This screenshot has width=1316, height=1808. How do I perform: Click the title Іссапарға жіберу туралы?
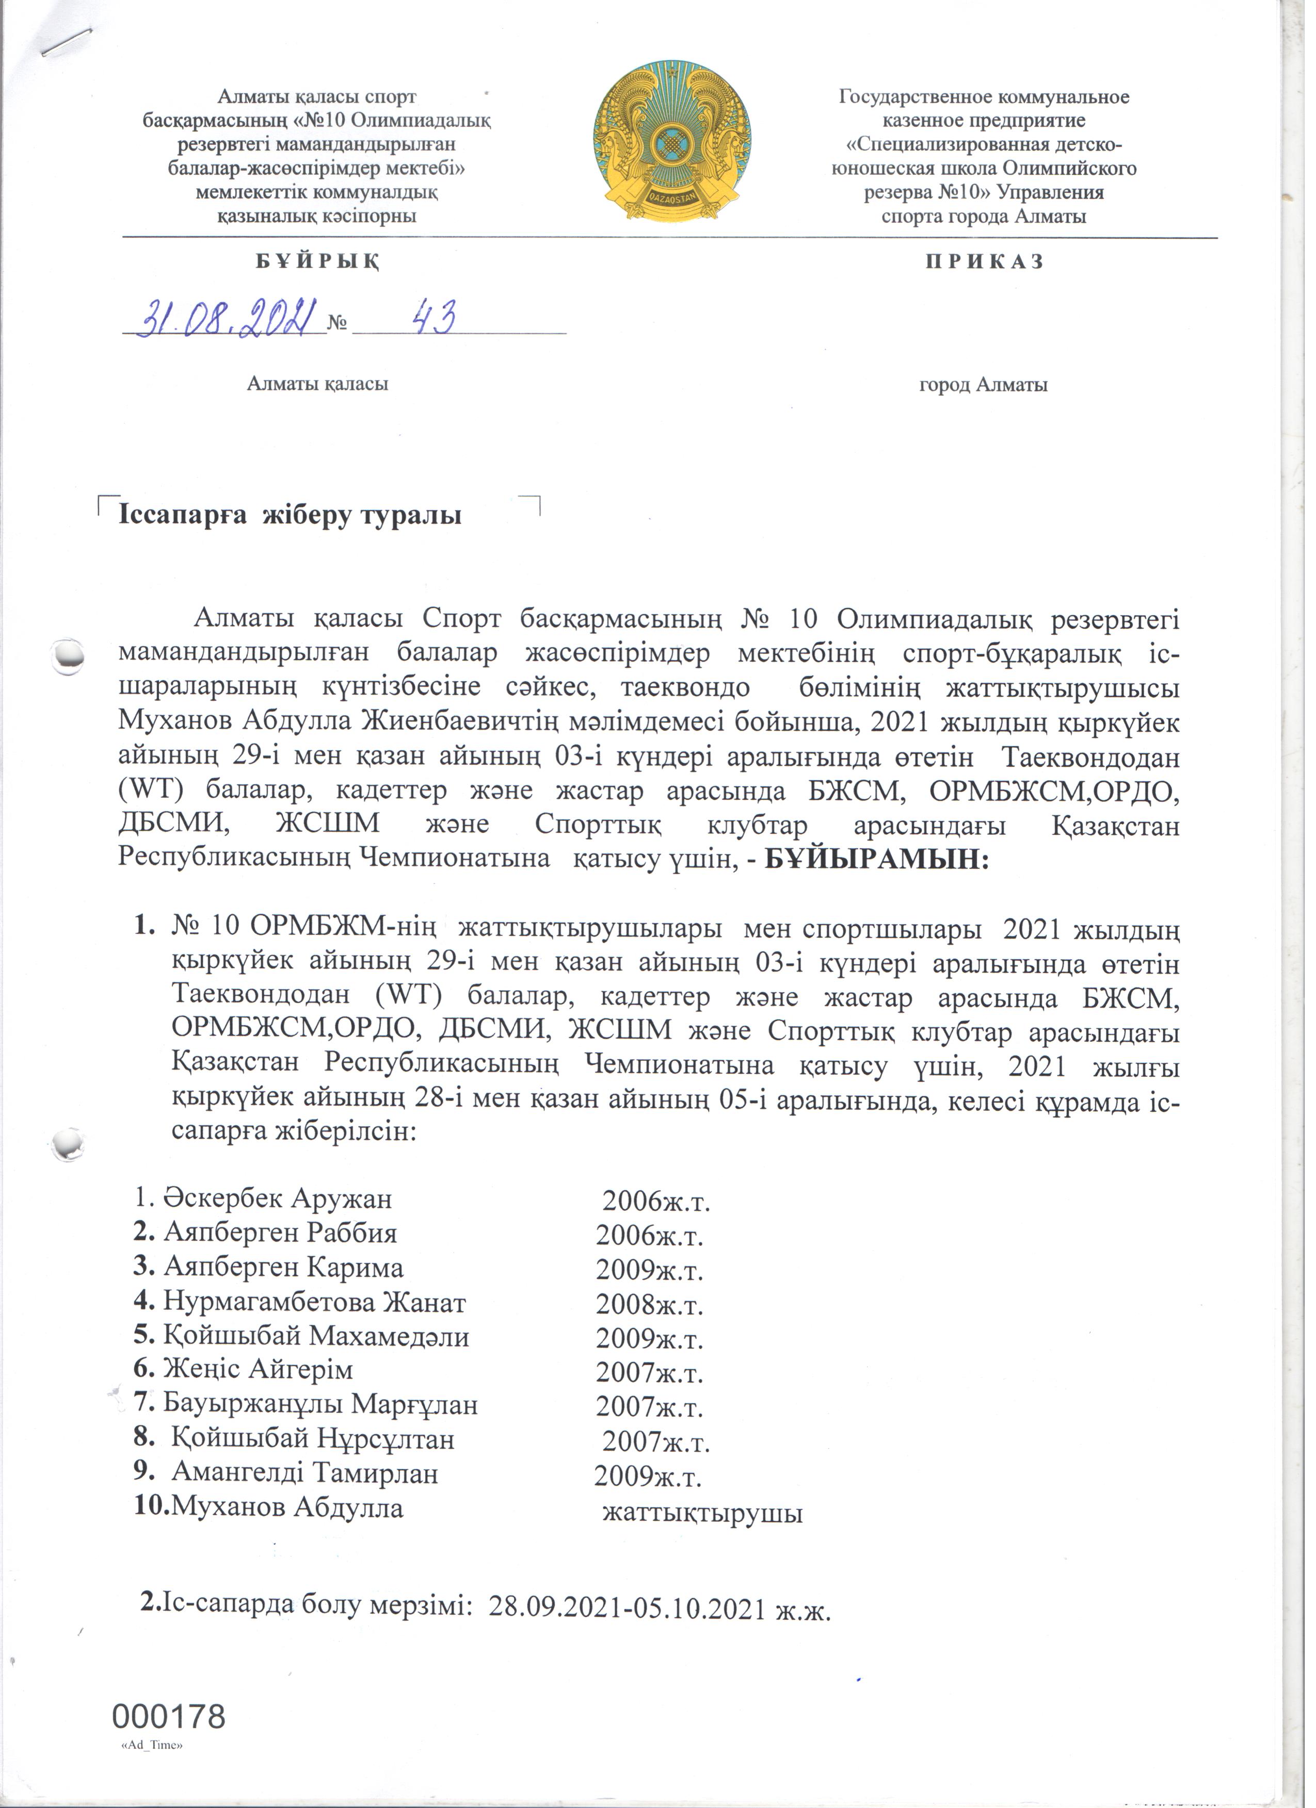pos(293,519)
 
